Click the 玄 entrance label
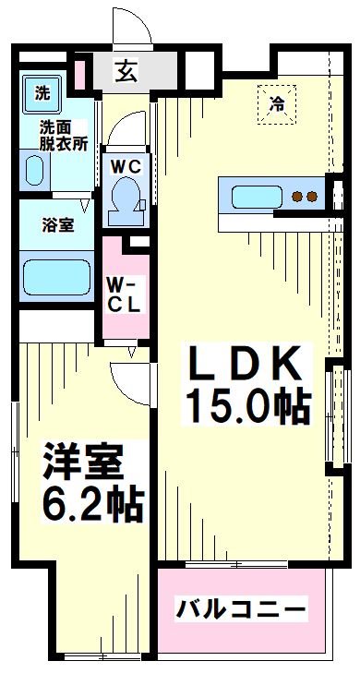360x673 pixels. coord(126,71)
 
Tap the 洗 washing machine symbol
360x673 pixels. coord(42,94)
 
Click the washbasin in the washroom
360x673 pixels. coord(34,171)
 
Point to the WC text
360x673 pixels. coord(126,167)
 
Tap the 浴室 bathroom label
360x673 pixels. coord(57,225)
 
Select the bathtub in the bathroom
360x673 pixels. coord(56,277)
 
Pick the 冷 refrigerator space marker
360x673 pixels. coord(277,104)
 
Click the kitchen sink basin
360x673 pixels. coord(257,197)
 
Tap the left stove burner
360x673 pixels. coord(297,197)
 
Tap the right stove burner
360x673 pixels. coord(312,197)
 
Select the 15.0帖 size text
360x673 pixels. coord(247,406)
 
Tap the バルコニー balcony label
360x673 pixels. coord(242,608)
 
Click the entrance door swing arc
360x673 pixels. coord(138,18)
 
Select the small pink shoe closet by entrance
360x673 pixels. coord(80,76)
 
